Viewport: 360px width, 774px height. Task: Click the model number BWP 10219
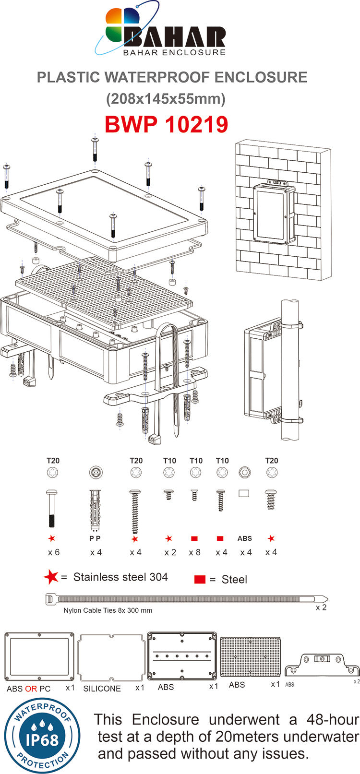click(x=166, y=124)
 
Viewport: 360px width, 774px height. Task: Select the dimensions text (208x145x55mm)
click(x=166, y=99)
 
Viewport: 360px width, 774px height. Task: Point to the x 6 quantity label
click(x=54, y=552)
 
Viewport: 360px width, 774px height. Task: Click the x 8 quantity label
click(x=194, y=552)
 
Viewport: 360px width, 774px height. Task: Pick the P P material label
click(x=95, y=538)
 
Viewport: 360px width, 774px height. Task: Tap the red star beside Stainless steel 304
click(x=51, y=577)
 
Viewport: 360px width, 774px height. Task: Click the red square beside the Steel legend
click(x=200, y=579)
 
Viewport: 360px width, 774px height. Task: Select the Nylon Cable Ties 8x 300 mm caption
click(x=108, y=610)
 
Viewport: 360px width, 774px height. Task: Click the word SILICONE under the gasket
click(x=102, y=689)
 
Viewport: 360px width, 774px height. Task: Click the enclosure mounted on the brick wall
click(x=274, y=213)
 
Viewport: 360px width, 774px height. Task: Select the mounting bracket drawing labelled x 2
click(x=322, y=665)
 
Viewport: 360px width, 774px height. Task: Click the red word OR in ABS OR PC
click(x=31, y=689)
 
